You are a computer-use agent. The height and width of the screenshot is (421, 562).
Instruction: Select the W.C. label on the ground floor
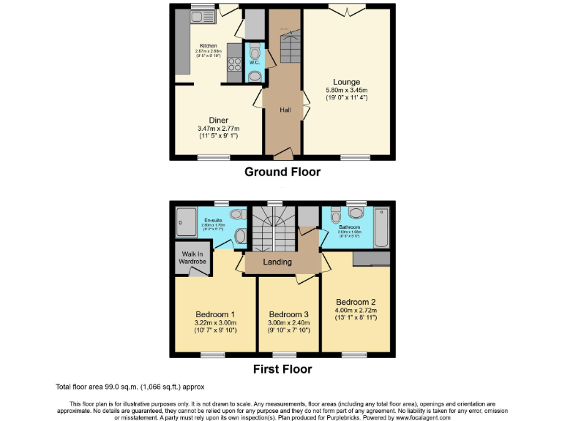(254, 62)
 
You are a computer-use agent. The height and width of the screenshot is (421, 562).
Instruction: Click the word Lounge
(346, 81)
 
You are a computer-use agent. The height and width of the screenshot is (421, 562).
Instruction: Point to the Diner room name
(218, 120)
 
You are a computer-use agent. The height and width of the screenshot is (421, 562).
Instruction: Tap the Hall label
(285, 110)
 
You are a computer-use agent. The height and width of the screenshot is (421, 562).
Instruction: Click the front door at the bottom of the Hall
(282, 153)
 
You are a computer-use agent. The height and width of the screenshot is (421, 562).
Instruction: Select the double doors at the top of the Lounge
(346, 9)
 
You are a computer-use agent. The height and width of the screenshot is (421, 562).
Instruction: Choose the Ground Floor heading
(282, 172)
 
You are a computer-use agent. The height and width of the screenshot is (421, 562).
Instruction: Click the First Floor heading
(282, 369)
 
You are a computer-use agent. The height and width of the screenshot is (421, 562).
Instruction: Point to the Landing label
(277, 262)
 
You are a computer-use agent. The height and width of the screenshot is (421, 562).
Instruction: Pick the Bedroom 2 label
(356, 302)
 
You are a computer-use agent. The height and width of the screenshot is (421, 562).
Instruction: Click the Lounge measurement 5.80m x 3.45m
(346, 91)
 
